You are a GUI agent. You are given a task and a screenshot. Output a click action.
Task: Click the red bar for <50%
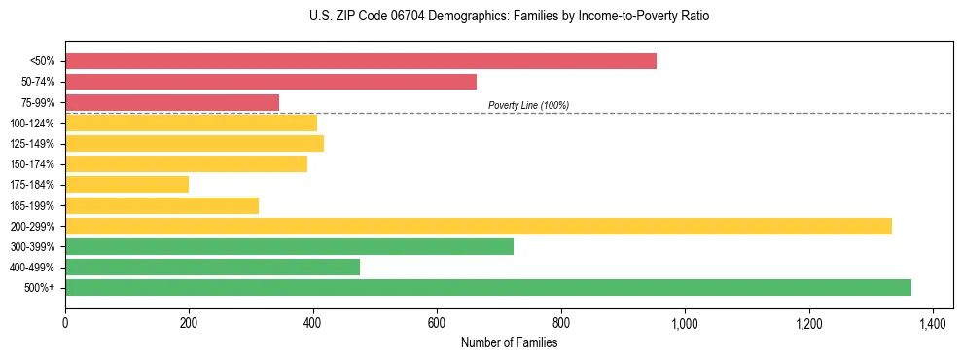pos(360,61)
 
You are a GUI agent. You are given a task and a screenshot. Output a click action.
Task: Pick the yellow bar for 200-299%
pos(478,226)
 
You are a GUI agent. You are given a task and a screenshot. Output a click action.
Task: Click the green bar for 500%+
pos(487,287)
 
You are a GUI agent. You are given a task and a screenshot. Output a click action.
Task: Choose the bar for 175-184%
pos(126,184)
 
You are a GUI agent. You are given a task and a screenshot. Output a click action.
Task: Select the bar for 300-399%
pos(289,246)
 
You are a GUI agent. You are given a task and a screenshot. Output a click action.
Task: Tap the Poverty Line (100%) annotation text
pos(528,105)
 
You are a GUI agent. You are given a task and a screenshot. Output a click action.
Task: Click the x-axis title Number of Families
pos(509,343)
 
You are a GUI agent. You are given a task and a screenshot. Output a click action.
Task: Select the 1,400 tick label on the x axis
pos(933,323)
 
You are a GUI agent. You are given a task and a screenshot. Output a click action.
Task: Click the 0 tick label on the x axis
pos(65,323)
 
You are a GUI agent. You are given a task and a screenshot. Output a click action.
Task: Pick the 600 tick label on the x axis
pos(437,323)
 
